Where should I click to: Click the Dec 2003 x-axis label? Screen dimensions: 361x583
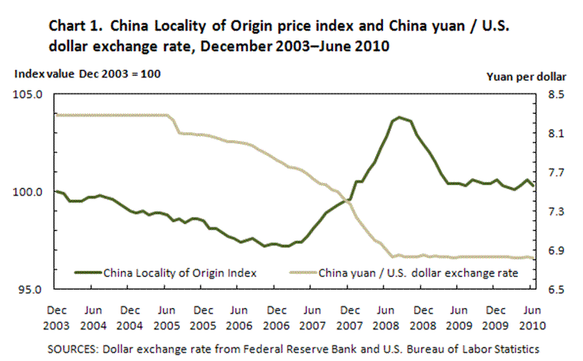pos(56,316)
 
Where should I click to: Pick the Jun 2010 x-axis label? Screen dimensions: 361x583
pos(531,316)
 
